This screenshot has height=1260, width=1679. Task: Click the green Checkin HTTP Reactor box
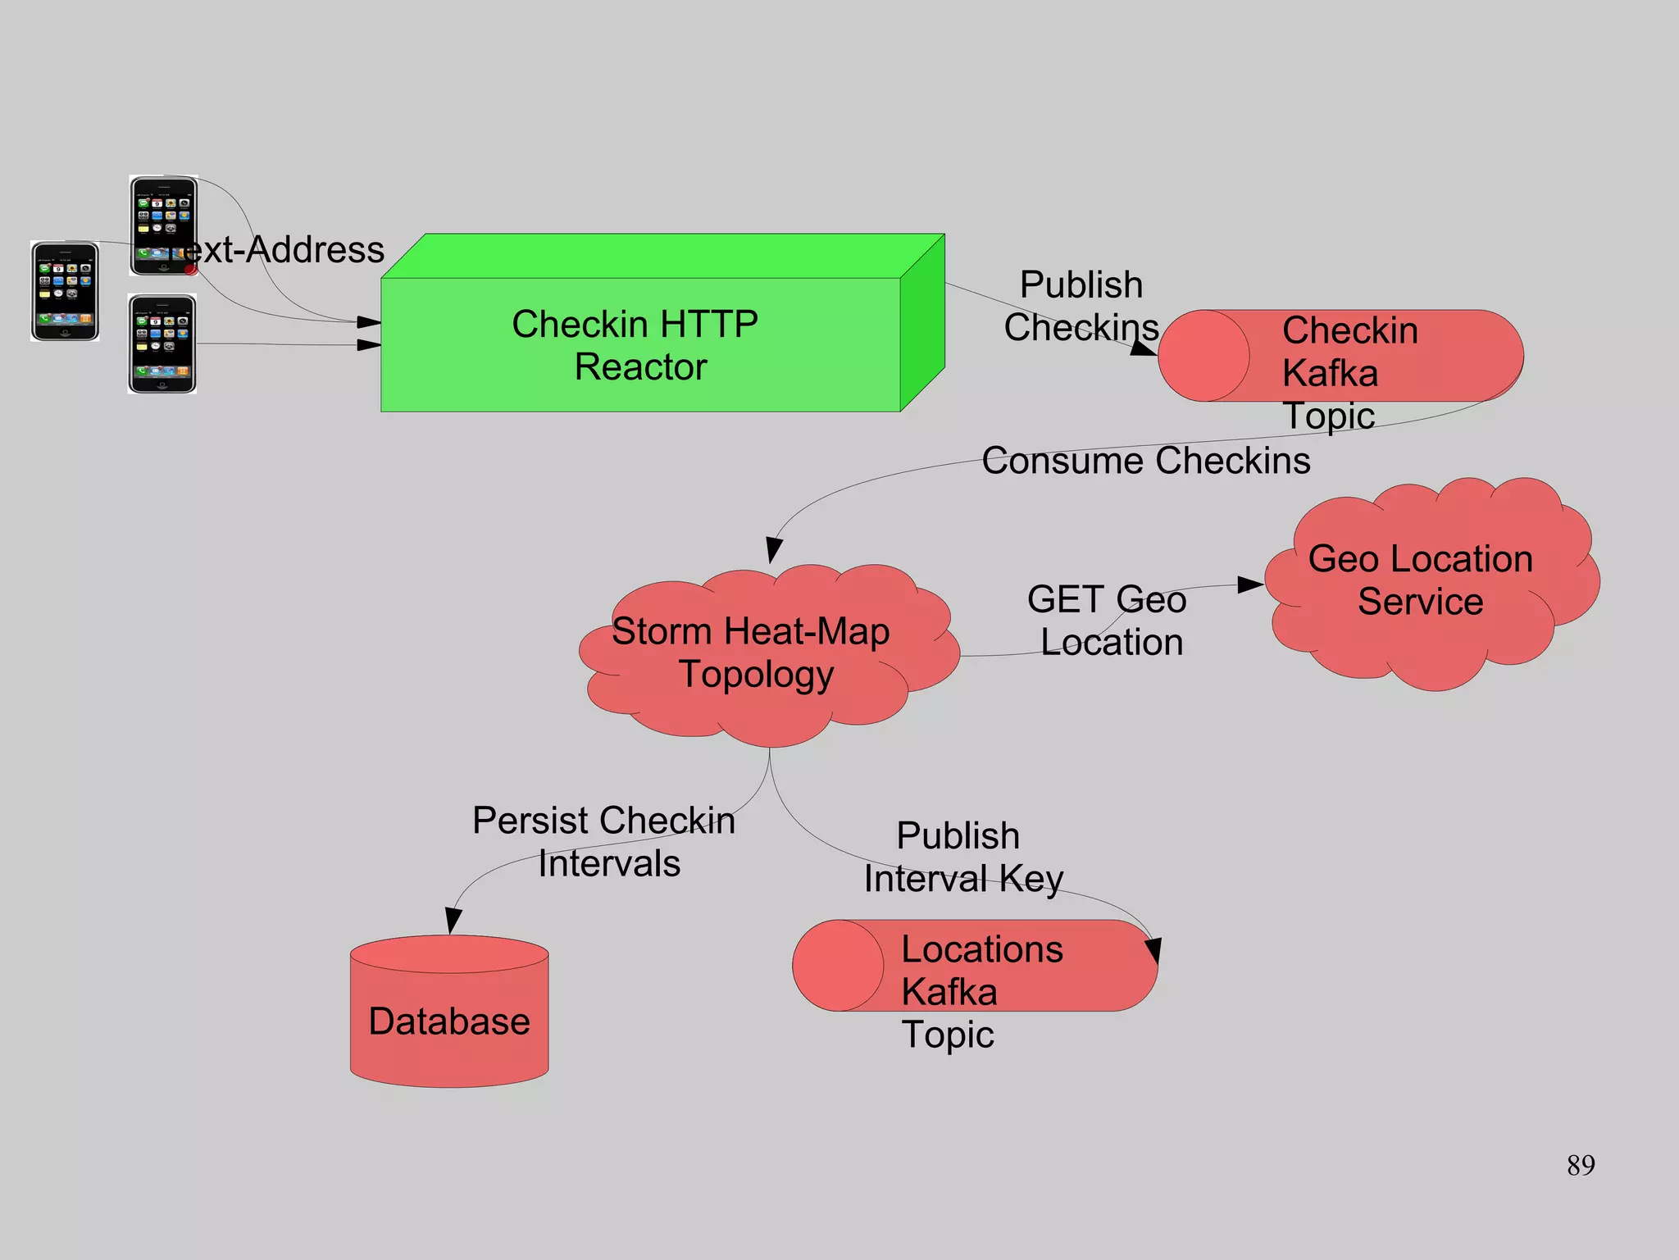pos(640,344)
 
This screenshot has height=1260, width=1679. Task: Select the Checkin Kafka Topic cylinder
pos(1340,356)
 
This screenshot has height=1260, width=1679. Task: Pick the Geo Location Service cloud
pos(1420,580)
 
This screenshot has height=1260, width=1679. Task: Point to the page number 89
pos(1580,1165)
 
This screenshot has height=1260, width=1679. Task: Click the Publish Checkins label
pos(1081,306)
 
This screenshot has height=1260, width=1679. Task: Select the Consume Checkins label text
pos(1145,461)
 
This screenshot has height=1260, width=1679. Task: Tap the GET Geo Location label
pos(1107,621)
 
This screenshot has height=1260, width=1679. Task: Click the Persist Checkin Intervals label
pos(604,841)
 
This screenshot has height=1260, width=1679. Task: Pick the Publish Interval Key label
pos(962,857)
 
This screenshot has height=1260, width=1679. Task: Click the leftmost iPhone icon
pos(65,291)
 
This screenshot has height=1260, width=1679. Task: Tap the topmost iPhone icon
pos(163,225)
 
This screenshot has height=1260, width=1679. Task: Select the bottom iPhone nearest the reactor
pos(162,344)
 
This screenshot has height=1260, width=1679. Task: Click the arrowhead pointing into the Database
pos(453,921)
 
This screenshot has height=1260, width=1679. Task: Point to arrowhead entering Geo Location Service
pos(1249,585)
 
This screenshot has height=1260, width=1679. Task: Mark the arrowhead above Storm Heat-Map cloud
pos(773,549)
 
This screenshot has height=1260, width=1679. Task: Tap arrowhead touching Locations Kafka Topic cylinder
pos(1153,951)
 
